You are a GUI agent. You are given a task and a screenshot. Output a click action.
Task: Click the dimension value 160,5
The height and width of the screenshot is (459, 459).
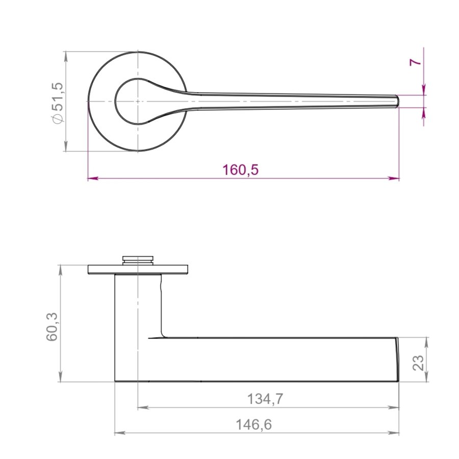tap(241, 169)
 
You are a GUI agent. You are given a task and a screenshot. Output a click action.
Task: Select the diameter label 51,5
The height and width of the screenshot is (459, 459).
tap(59, 96)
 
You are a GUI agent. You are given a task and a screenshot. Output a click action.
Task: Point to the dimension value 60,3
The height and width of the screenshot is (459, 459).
tap(53, 327)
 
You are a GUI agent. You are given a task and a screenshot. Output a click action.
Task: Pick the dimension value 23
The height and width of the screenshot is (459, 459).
tap(418, 363)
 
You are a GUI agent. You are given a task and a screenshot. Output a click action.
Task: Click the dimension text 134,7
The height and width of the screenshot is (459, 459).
tap(265, 399)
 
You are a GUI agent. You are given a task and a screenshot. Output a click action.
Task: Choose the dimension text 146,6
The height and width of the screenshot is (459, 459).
tap(254, 424)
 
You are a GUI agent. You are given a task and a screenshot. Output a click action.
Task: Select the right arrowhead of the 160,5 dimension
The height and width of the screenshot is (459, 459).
tap(394, 178)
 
